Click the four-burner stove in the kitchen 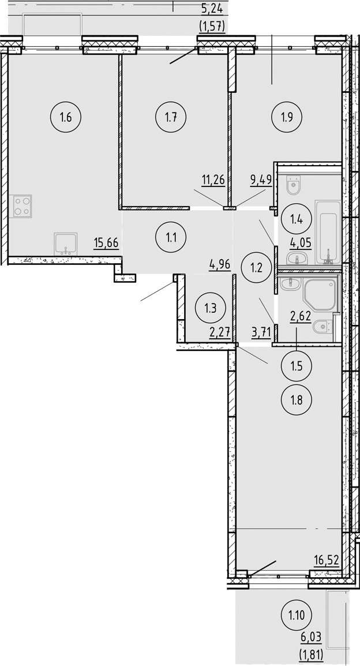click(x=22, y=206)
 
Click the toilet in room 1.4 click(x=294, y=184)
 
